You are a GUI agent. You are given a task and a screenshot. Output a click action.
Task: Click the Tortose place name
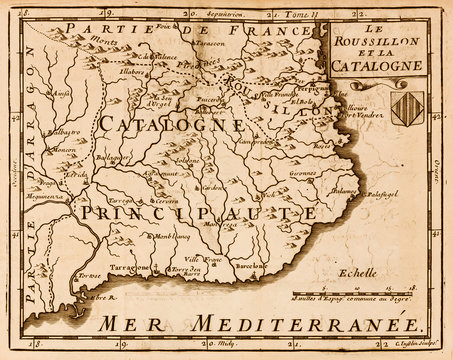pyautogui.click(x=90, y=275)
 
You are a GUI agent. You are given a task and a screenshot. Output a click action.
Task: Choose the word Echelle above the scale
pyautogui.click(x=357, y=272)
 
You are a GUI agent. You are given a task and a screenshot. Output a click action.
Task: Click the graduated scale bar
pyautogui.click(x=356, y=290)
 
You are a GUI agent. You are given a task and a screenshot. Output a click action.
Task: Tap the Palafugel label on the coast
pyautogui.click(x=379, y=194)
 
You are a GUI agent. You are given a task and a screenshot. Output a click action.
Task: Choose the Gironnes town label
pyautogui.click(x=304, y=172)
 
